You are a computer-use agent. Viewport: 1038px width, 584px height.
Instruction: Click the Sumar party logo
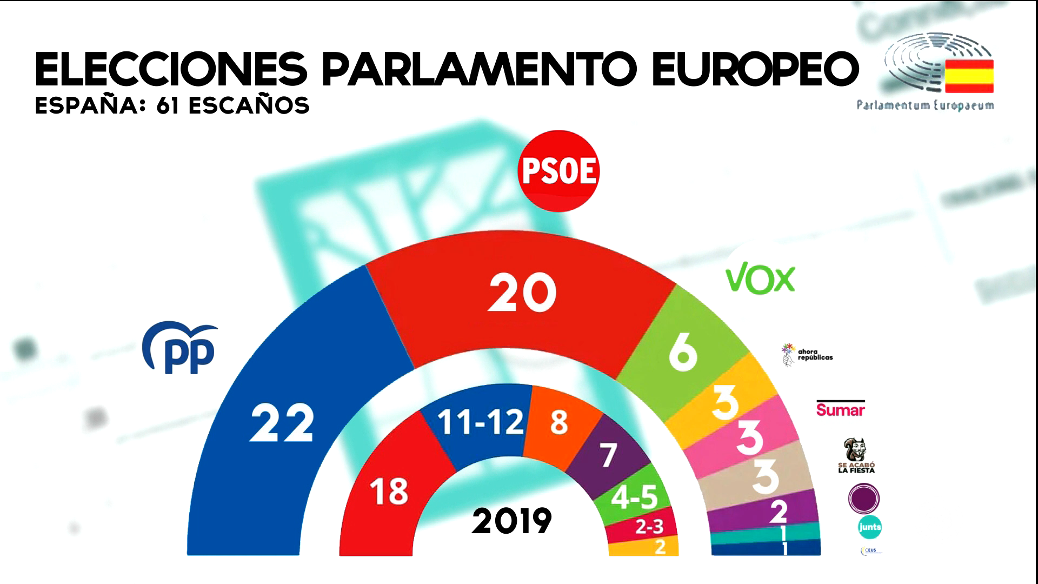840,409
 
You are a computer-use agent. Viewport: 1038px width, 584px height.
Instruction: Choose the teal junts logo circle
869,527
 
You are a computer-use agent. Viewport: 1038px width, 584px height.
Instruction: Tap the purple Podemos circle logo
864,497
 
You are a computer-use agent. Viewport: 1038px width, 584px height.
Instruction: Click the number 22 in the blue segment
282,424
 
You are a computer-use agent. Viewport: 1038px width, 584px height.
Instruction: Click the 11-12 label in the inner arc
480,422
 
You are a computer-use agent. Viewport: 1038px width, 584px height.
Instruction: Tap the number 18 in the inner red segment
389,492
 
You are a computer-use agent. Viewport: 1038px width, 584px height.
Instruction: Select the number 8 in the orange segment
559,422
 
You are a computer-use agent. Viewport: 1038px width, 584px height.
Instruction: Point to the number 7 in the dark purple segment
608,455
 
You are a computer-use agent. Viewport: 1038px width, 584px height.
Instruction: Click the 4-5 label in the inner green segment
635,499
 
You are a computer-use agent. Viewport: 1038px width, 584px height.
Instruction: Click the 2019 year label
511,521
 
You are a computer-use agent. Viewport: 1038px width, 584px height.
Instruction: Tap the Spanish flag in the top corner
969,76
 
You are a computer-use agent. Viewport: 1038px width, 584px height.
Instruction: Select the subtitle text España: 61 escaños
172,106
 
